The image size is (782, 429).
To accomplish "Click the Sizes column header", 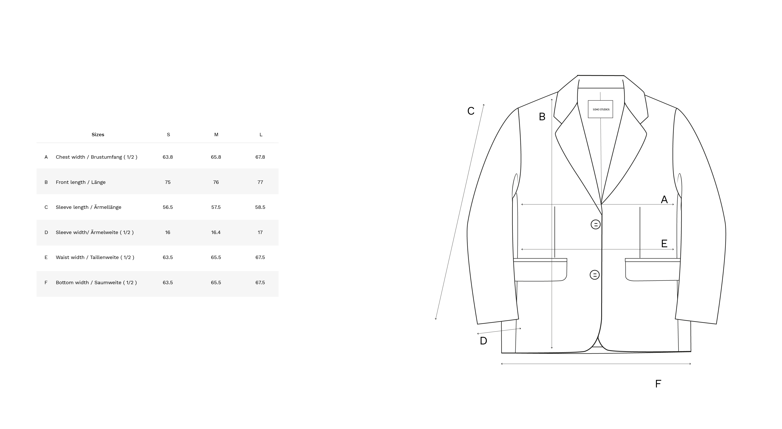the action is click(98, 134).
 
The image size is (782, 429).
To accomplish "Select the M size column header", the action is click(216, 134).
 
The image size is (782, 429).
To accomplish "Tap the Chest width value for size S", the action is click(168, 157).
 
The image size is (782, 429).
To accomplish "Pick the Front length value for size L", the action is click(260, 182).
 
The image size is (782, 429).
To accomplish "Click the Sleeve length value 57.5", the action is click(216, 207).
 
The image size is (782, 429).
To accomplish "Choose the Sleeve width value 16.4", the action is click(216, 232).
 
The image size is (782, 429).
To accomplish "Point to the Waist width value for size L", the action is click(260, 257).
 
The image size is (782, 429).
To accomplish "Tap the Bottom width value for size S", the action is click(168, 283).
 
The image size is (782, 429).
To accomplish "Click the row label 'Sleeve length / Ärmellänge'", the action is click(88, 207).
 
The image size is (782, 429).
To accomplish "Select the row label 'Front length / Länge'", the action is click(80, 182).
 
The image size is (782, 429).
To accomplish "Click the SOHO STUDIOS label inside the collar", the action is click(601, 109).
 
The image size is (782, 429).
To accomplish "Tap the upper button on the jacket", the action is click(596, 225).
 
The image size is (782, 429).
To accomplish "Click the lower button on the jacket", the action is click(594, 275).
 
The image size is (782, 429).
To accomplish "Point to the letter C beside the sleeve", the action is click(471, 111).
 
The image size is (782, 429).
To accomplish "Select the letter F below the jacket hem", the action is click(658, 384).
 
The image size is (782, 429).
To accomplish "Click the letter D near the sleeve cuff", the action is click(483, 341).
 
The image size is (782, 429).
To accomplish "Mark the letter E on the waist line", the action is click(664, 243).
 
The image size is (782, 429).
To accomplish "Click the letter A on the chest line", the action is click(664, 199).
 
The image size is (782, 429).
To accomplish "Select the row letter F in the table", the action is click(46, 283).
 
